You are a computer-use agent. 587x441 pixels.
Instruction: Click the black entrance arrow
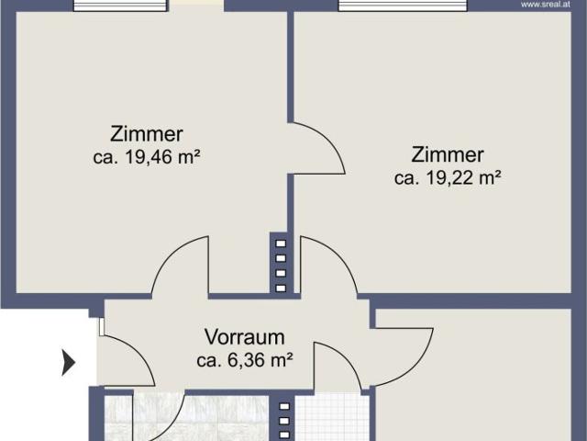tap(68, 363)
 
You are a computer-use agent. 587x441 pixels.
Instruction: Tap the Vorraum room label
tap(244, 337)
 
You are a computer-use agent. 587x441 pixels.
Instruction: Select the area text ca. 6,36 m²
tap(244, 360)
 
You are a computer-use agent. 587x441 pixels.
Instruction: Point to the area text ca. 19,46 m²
tap(147, 157)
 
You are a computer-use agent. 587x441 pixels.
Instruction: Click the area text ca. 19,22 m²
tap(448, 178)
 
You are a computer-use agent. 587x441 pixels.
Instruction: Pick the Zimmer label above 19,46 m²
tap(147, 133)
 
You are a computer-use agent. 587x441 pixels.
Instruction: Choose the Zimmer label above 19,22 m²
tap(448, 154)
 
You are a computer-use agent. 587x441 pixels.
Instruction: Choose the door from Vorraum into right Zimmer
tap(326, 266)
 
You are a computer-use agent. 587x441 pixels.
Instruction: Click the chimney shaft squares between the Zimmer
tap(281, 265)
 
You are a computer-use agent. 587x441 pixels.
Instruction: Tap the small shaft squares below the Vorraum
tap(283, 420)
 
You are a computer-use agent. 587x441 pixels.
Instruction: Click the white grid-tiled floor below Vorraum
tap(331, 420)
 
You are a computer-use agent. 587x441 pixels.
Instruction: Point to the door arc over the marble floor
tap(161, 418)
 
